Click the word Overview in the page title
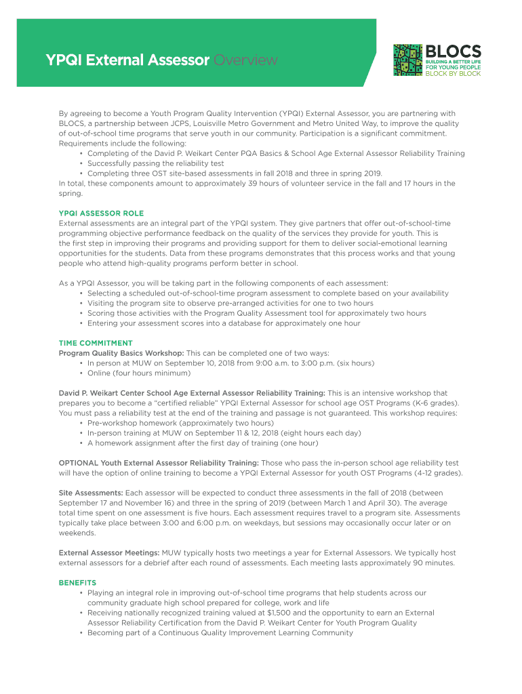pos(245,61)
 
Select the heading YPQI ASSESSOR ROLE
pos(101,213)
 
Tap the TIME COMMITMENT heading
pos(96,343)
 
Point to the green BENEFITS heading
pos(77,583)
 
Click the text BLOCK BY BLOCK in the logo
pos(453,73)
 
